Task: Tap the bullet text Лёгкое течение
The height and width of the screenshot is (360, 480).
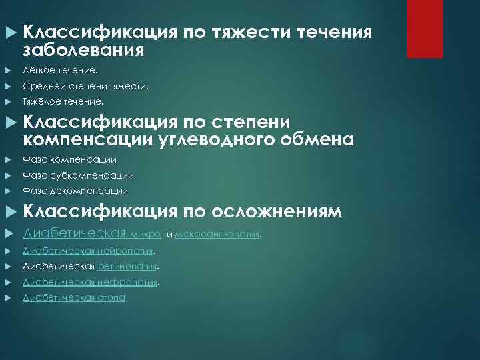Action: (x=59, y=69)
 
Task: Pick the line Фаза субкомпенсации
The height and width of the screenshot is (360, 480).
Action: (x=78, y=175)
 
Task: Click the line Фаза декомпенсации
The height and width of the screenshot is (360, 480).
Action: (x=75, y=191)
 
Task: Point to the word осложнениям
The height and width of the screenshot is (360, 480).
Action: (x=277, y=212)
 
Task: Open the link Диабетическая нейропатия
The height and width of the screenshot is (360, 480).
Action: (x=88, y=251)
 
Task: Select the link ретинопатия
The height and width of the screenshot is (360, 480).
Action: (x=127, y=267)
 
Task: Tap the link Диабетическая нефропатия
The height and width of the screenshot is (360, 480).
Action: (x=89, y=282)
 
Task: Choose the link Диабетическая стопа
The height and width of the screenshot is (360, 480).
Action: (x=73, y=297)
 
